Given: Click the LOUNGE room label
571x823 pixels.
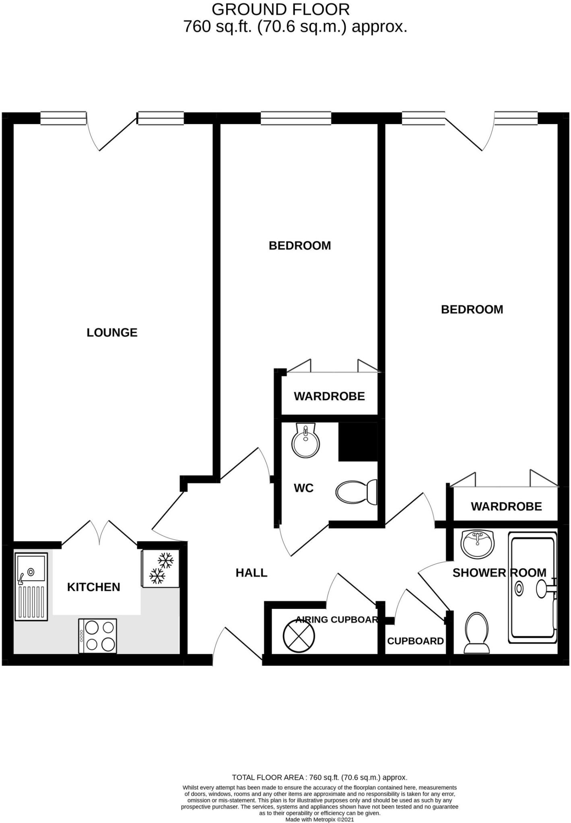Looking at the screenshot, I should pyautogui.click(x=112, y=332).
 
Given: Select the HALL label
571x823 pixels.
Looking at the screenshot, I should pyautogui.click(x=251, y=573).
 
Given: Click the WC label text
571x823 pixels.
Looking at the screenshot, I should pyautogui.click(x=303, y=488).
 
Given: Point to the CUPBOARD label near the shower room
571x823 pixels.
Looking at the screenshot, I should pyautogui.click(x=415, y=641).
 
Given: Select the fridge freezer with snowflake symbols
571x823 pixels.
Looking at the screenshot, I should pyautogui.click(x=161, y=569).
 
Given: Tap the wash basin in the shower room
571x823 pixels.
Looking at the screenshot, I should pyautogui.click(x=478, y=543).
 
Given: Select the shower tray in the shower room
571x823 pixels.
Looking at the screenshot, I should pyautogui.click(x=533, y=588).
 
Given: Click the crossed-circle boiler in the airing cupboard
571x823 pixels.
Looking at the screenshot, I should pyautogui.click(x=299, y=636).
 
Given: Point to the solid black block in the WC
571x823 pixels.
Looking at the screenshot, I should pyautogui.click(x=358, y=442).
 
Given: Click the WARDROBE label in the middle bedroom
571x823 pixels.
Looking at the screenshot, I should pyautogui.click(x=329, y=396).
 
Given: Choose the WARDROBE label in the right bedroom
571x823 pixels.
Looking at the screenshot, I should pyautogui.click(x=506, y=506).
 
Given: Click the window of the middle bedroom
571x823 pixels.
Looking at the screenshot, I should pyautogui.click(x=296, y=118).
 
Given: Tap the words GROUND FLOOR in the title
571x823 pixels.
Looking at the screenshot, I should pyautogui.click(x=280, y=9).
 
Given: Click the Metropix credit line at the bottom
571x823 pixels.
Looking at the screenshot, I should pyautogui.click(x=320, y=819).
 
